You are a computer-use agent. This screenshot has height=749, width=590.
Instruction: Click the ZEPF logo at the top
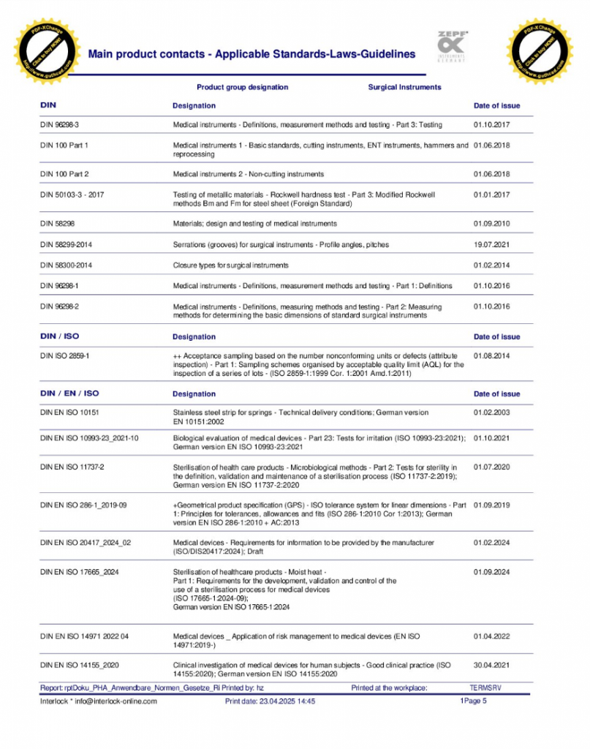click(x=454, y=45)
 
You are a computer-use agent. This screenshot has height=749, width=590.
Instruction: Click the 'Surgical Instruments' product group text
click(x=404, y=87)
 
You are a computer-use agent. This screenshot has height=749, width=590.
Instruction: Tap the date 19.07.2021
click(x=491, y=244)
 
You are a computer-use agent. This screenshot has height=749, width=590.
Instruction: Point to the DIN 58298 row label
click(x=57, y=223)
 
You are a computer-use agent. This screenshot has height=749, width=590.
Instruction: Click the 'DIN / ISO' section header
click(x=59, y=336)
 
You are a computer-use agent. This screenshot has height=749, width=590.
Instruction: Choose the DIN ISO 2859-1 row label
click(x=65, y=355)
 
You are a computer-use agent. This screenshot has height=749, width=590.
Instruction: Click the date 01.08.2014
click(x=491, y=355)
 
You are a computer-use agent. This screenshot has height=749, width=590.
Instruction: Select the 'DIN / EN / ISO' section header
click(x=69, y=394)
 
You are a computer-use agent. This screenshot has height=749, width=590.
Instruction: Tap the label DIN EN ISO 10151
click(x=71, y=413)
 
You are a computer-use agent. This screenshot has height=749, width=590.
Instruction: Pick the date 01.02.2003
click(x=491, y=413)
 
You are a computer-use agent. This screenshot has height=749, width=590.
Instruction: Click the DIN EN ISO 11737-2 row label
click(x=72, y=467)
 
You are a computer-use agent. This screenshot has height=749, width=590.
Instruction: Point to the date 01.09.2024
click(x=491, y=571)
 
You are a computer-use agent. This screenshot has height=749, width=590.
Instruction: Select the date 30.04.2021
click(x=491, y=665)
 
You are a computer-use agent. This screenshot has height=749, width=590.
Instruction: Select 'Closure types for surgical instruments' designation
click(x=230, y=265)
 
